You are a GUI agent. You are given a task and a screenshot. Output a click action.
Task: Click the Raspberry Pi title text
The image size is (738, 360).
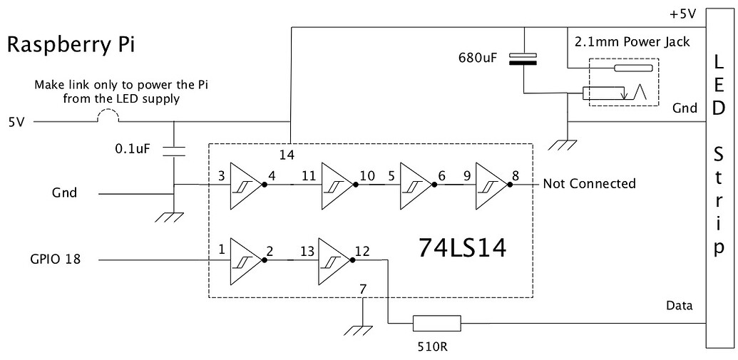click(71, 46)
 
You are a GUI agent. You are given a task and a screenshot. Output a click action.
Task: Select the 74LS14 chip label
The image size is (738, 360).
click(462, 248)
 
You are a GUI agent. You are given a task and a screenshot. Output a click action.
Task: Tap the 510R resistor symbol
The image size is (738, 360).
click(436, 324)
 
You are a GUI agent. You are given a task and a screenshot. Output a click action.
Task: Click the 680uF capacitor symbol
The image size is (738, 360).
click(523, 58)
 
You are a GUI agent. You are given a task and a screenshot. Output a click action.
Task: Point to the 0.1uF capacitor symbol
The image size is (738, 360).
click(174, 151)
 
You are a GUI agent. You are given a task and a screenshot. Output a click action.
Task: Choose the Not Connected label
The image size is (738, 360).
click(589, 183)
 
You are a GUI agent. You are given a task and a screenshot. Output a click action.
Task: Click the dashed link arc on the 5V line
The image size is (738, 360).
click(108, 115)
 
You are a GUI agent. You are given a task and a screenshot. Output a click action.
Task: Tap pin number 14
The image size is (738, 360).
click(286, 155)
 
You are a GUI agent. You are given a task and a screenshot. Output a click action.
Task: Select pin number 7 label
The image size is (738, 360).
click(362, 289)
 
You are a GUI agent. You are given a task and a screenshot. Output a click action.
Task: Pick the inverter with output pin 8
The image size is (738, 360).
click(493, 185)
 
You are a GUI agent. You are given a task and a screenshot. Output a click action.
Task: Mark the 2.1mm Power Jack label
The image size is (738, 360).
click(632, 41)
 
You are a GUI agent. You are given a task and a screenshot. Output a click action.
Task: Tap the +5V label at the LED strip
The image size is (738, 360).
click(682, 14)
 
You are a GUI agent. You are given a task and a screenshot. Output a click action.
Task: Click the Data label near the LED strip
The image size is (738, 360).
click(680, 305)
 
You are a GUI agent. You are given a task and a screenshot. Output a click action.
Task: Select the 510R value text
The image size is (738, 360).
click(433, 347)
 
